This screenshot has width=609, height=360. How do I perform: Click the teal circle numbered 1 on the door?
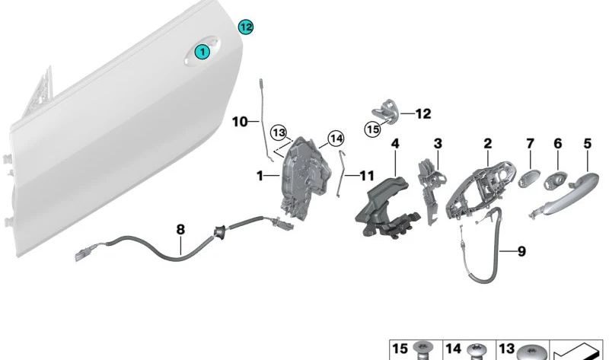pyautogui.click(x=202, y=52)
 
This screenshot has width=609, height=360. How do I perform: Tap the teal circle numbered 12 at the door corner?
pyautogui.click(x=245, y=27)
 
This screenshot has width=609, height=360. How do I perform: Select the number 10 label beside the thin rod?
pyautogui.click(x=240, y=121)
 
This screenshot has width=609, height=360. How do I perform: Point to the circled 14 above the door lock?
pyautogui.click(x=336, y=138)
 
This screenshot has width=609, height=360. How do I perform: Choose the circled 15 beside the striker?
pyautogui.click(x=371, y=129)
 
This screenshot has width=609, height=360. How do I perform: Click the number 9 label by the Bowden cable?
pyautogui.click(x=521, y=250)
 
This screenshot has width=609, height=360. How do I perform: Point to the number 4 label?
pyautogui.click(x=395, y=142)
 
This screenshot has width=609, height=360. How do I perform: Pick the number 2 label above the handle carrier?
pyautogui.click(x=488, y=142)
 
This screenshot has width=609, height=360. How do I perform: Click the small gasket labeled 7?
pyautogui.click(x=527, y=179)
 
